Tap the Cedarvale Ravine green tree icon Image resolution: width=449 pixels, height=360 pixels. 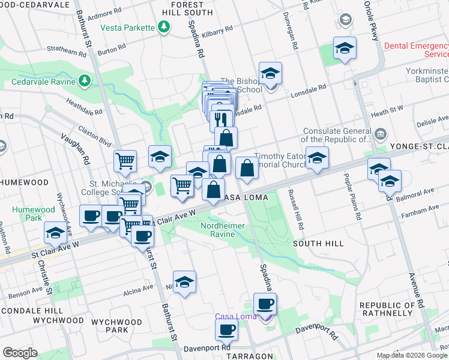[x=85, y=80]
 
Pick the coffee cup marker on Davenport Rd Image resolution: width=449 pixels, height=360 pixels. [x=227, y=329]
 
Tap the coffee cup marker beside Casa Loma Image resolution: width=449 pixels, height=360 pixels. [x=265, y=304]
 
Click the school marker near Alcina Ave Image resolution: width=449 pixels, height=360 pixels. [x=184, y=282]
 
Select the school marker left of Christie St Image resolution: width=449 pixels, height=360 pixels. [x=55, y=233]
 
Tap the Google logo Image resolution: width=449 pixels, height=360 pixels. [x=20, y=353]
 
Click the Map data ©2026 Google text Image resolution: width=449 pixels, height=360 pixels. [x=411, y=355]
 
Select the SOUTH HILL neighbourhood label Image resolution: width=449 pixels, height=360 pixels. [x=318, y=244]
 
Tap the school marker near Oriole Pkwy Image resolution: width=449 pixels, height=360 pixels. [x=345, y=48]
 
